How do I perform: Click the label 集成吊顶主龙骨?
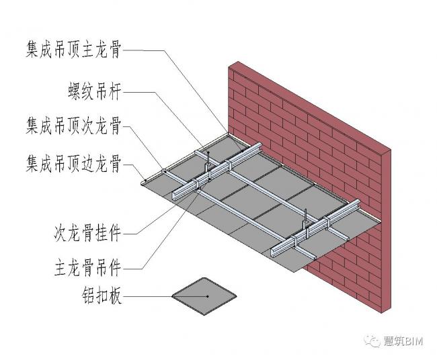click(x=75, y=51)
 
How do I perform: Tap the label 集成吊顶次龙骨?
click(x=75, y=125)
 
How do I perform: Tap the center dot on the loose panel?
click(x=207, y=296)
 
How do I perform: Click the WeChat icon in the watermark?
click(x=372, y=341)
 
